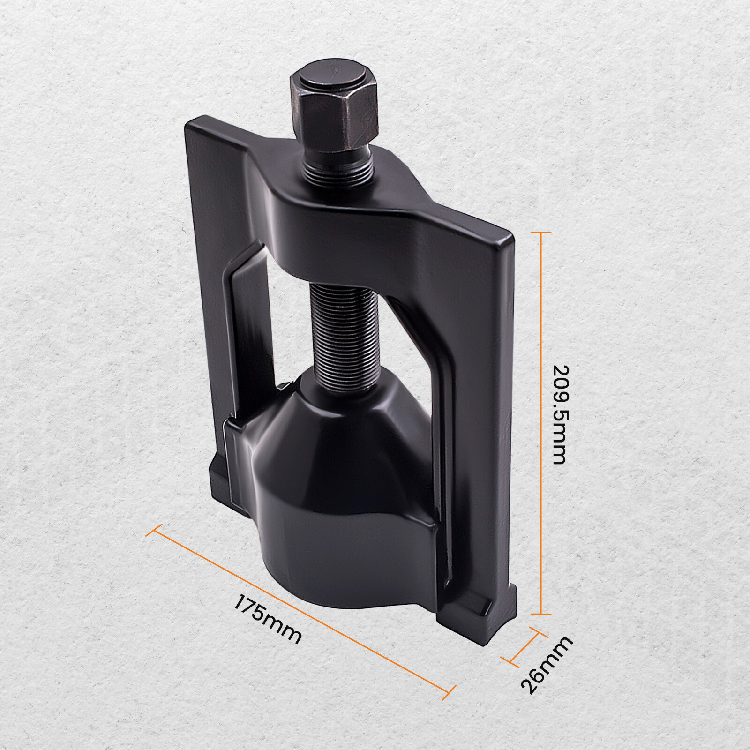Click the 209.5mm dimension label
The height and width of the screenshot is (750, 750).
561,415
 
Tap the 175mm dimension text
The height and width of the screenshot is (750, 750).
268,619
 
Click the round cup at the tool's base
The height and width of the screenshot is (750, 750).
347,539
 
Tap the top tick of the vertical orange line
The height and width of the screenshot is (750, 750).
541,232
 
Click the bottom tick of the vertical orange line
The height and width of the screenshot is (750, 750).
541,614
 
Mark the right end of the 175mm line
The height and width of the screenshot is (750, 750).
449,692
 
